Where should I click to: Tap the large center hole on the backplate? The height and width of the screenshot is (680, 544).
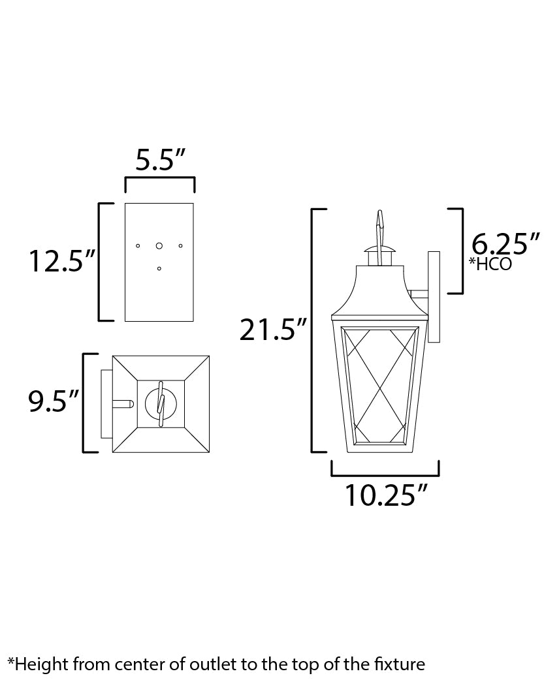point(159,245)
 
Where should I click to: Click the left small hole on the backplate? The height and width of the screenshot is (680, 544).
point(137,245)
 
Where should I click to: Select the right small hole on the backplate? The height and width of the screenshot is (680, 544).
point(181,245)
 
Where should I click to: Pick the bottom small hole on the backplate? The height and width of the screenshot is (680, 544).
point(159,268)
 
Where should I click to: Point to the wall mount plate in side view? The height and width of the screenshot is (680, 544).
point(433,297)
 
